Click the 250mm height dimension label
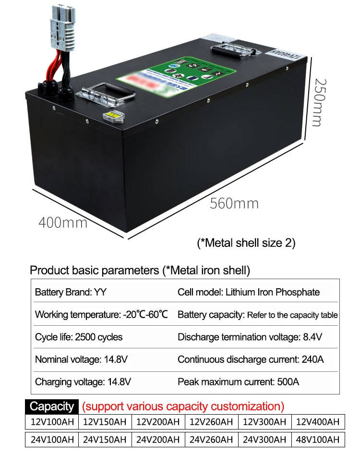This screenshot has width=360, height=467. (317, 103)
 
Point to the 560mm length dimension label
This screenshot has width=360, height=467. (234, 203)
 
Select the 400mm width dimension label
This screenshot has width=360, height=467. (63, 222)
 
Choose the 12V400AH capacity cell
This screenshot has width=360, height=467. (318, 422)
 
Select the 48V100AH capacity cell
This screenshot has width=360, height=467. (318, 440)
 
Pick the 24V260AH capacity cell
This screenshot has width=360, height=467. (211, 440)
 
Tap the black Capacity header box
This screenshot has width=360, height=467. (51, 406)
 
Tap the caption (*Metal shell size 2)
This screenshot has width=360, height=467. (246, 243)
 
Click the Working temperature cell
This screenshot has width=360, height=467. (101, 315)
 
